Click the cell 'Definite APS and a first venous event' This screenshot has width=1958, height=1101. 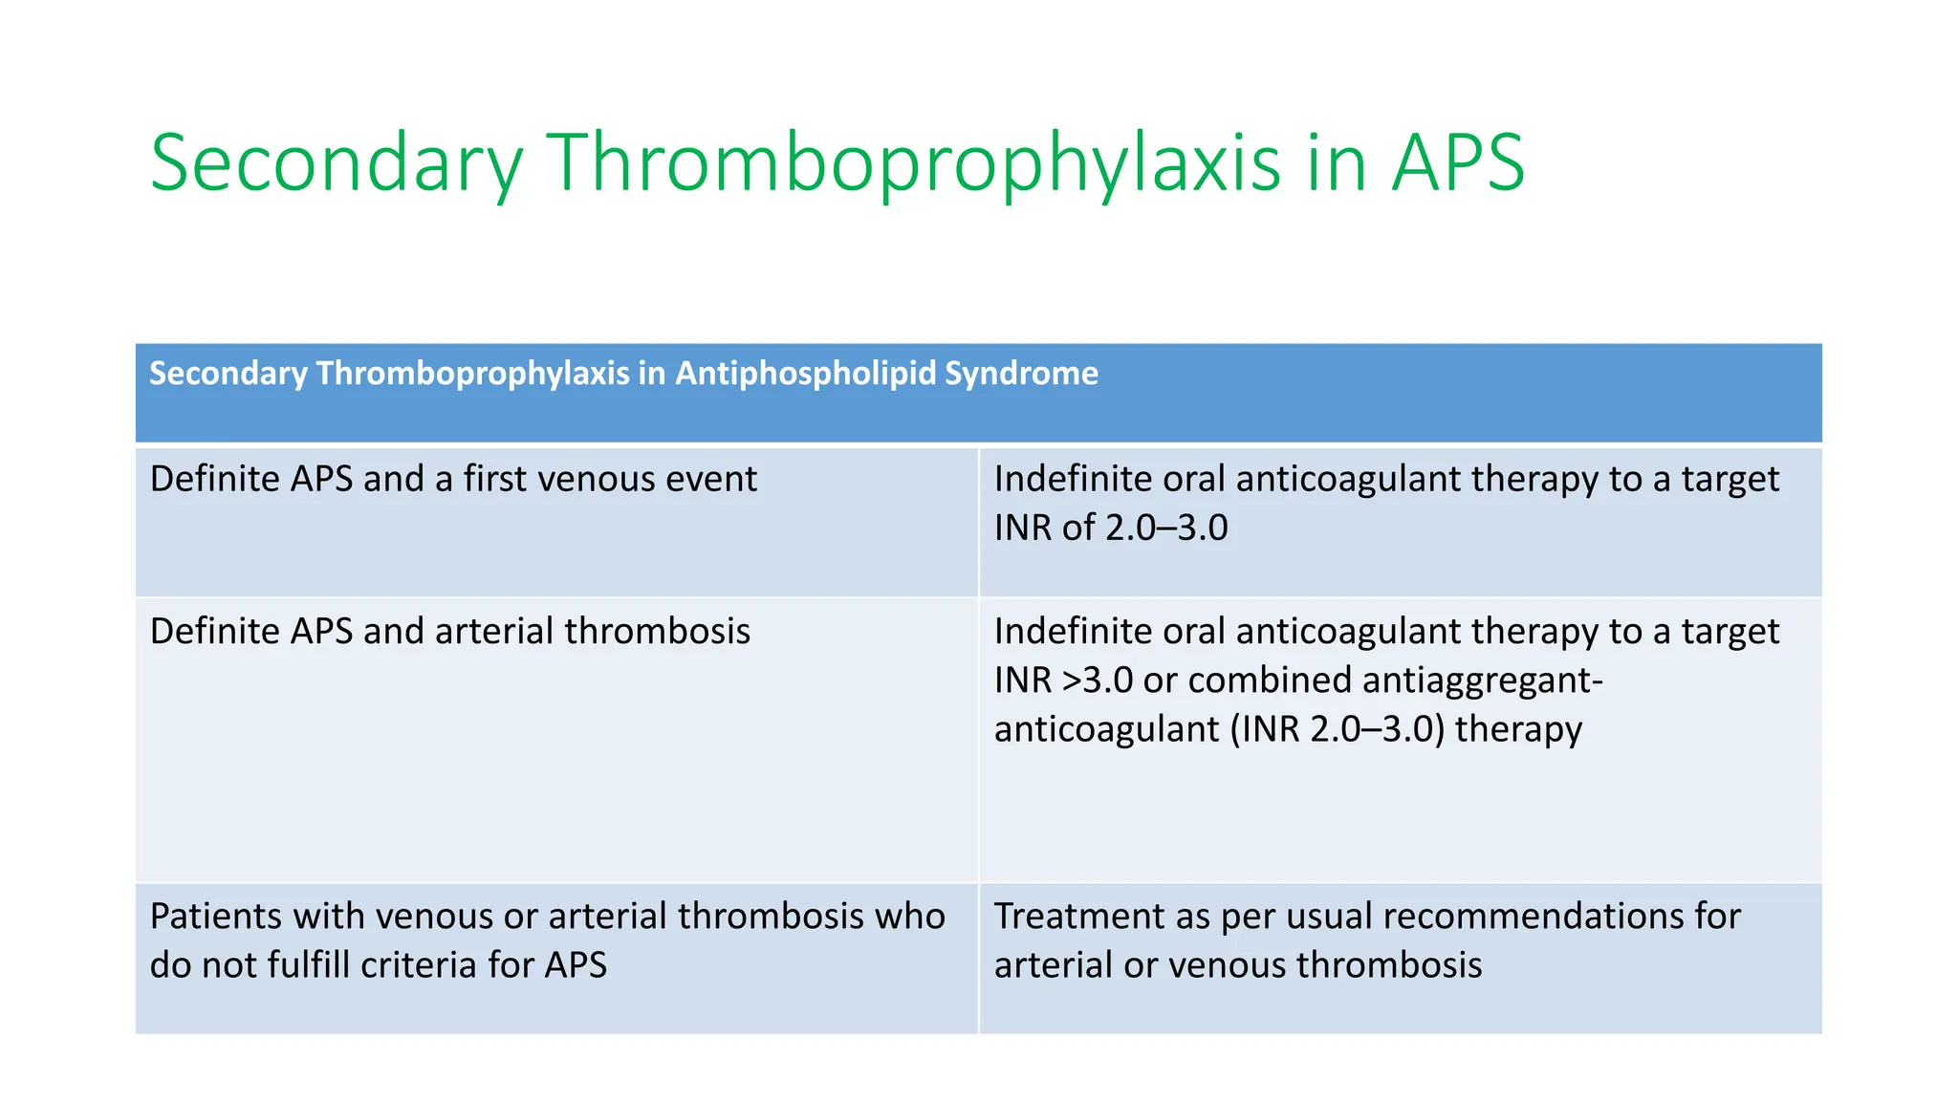[x=453, y=479]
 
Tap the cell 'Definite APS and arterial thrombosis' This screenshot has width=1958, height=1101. [x=449, y=632]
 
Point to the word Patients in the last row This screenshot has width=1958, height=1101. [x=215, y=917]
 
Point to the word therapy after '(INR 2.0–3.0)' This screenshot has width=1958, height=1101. [x=1518, y=729]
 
